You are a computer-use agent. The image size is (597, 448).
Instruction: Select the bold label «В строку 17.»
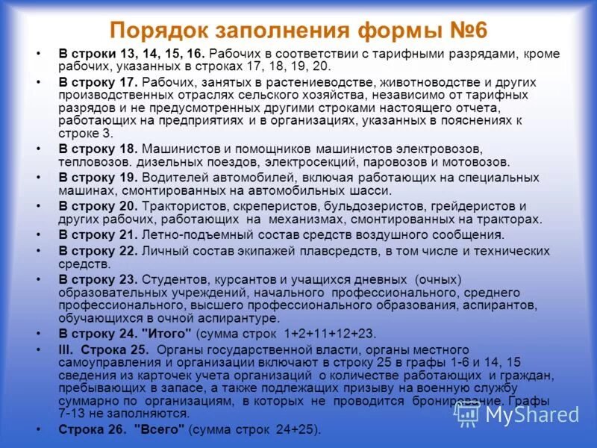(98, 82)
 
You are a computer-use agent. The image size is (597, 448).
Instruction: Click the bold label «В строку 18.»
(98, 149)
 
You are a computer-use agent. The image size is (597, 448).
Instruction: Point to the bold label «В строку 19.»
(98, 178)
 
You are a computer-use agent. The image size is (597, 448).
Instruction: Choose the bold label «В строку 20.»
(98, 205)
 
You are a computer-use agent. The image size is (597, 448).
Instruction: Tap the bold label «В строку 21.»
(98, 234)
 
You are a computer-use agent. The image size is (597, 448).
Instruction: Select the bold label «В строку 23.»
(98, 279)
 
